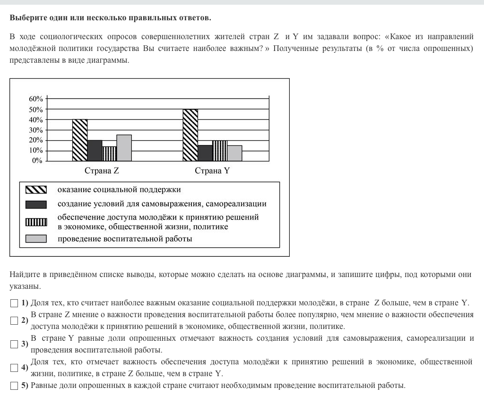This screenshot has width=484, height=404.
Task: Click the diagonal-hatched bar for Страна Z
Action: coord(80,140)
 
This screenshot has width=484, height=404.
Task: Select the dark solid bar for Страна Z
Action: coord(95,151)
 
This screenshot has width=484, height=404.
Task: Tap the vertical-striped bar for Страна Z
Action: coord(109,154)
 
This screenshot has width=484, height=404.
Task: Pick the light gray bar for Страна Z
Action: coord(124,148)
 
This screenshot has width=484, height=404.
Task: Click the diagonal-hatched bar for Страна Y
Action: coord(190,135)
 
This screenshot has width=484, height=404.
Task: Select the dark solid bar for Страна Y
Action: coord(205,153)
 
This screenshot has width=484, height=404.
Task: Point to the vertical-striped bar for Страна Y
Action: coord(220,151)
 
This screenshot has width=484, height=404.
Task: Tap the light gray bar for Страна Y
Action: coord(234,153)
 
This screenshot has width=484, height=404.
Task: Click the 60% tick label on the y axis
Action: coord(35,99)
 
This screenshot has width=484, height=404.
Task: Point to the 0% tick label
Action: coord(37,161)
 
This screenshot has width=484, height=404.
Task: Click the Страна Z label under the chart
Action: coord(102,171)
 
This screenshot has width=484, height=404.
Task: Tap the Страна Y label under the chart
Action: coord(212,171)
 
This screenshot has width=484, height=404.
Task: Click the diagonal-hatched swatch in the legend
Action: coord(36,190)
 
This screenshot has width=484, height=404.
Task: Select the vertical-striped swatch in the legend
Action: coord(36,222)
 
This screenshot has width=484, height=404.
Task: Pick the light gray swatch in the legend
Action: coord(36,239)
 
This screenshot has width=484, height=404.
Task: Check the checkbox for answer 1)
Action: coord(14,303)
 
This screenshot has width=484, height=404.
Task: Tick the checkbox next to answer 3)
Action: coord(14,344)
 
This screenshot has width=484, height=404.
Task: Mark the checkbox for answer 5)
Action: coord(14,386)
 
